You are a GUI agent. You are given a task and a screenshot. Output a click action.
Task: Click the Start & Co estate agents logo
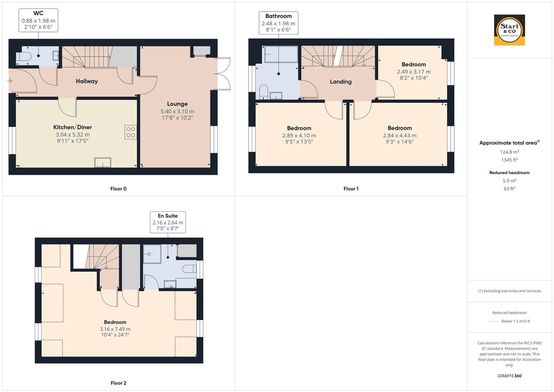point(509,30)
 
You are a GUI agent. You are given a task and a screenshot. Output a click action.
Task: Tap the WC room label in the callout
point(38,13)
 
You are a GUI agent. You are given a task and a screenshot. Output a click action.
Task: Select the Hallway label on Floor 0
point(87,81)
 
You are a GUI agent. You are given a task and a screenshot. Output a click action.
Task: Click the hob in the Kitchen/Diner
point(131,132)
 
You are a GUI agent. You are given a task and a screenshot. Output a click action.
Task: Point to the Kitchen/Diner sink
point(103,162)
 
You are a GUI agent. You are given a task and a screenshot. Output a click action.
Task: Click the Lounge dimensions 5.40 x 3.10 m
point(177,111)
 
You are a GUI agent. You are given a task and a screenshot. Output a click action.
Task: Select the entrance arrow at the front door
point(9,81)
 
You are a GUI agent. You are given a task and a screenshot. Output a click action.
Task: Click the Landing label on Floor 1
point(340,82)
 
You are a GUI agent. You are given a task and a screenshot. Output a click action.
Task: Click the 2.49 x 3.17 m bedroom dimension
point(414,72)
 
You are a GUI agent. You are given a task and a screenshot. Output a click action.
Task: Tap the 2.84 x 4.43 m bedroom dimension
point(399,135)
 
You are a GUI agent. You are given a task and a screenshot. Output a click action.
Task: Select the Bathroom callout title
point(278,16)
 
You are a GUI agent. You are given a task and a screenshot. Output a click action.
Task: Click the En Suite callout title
point(168,216)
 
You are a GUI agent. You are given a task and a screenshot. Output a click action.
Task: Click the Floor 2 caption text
point(118,383)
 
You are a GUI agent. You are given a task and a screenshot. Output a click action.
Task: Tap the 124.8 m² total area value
point(509,152)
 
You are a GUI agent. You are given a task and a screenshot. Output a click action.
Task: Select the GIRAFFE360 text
point(509,376)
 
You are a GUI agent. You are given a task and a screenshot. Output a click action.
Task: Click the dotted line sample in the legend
point(494,321)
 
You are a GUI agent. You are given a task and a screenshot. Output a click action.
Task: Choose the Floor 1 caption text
point(351,189)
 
